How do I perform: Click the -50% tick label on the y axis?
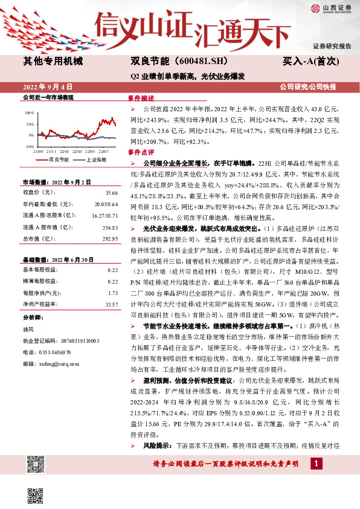(30, 146)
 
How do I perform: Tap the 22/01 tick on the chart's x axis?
(63, 151)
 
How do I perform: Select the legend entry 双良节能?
(59, 159)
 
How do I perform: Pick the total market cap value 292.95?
(109, 239)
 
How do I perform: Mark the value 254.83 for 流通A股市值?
(109, 227)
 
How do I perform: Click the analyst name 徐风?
(28, 329)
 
